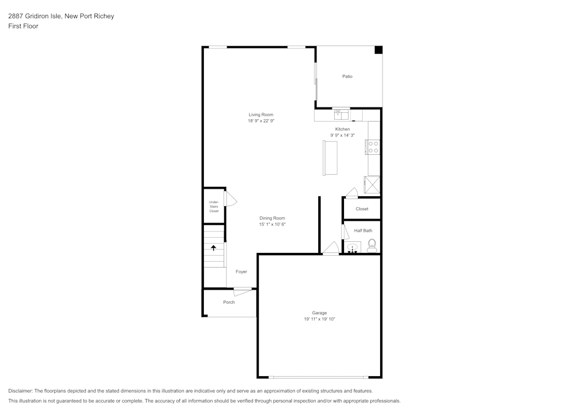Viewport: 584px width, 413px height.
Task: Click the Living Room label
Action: (x=260, y=114)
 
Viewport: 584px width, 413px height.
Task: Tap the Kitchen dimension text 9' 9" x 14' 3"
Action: (x=342, y=135)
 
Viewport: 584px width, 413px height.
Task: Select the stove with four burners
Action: (x=373, y=147)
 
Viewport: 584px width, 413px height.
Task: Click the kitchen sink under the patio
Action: (x=340, y=114)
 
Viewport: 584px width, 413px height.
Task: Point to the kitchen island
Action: (x=330, y=158)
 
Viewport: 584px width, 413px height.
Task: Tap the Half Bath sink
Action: (x=353, y=248)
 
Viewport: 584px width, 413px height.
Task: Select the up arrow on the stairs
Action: (x=214, y=248)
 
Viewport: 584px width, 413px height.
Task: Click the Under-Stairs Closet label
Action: (x=214, y=206)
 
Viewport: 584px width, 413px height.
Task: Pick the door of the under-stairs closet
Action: (x=230, y=199)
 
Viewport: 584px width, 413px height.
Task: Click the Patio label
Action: (x=347, y=77)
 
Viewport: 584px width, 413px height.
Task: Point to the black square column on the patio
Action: (x=378, y=50)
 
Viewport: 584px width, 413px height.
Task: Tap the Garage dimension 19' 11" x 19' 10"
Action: (x=319, y=319)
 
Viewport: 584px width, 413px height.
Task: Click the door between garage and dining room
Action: (x=331, y=249)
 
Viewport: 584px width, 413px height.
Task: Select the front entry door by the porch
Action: (x=244, y=291)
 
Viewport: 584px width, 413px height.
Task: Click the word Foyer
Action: (x=241, y=272)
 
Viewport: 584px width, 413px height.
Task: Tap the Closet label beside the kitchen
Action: (x=362, y=209)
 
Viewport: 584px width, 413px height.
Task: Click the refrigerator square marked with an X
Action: (x=372, y=185)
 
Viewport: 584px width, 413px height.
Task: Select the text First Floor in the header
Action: (x=23, y=26)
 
